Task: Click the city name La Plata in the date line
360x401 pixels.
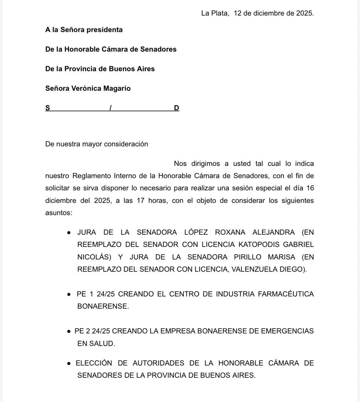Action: [x=215, y=13]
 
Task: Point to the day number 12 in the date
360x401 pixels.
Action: [x=238, y=13]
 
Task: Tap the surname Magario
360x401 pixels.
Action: [x=117, y=88]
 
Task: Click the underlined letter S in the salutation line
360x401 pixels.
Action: [x=48, y=108]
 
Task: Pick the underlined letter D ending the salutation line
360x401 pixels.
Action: [x=176, y=108]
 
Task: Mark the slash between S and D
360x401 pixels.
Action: [x=111, y=108]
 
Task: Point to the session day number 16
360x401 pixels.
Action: [x=310, y=188]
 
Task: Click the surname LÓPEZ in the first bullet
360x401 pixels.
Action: [x=196, y=232]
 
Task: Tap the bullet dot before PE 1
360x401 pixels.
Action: [x=69, y=294]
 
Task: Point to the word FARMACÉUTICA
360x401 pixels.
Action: [x=286, y=294]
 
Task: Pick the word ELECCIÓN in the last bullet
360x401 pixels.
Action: [x=94, y=363]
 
